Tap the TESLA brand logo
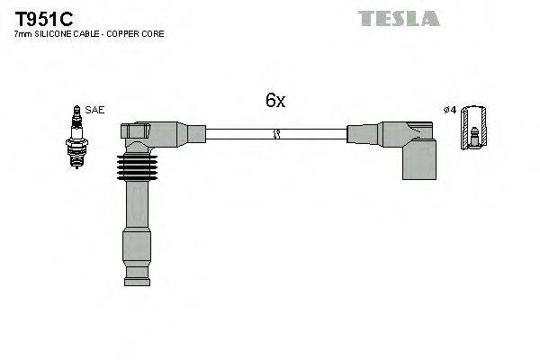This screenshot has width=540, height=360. coord(399,18)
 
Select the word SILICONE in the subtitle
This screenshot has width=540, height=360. coord(55,34)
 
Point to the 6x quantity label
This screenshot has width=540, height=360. coord(274,101)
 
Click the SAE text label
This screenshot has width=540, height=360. coord(95,110)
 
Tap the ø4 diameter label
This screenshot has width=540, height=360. coord(450,110)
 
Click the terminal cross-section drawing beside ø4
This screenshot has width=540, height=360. coord(473,129)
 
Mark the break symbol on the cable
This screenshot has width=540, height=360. coord(276,134)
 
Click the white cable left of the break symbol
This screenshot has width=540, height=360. coord(238,134)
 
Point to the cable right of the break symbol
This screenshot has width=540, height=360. coord(315,134)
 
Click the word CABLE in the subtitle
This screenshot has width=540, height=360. coord(88,34)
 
